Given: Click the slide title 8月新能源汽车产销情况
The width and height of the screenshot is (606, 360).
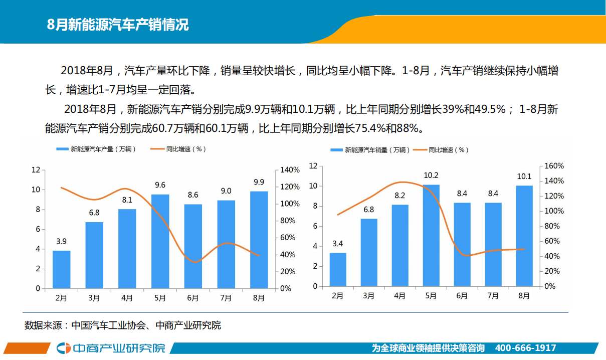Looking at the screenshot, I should [118, 24].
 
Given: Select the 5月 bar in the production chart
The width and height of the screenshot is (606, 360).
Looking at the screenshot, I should [160, 241].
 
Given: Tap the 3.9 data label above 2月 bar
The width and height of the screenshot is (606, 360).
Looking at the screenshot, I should [61, 241].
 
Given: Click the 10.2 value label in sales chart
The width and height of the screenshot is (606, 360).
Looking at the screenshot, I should [431, 175].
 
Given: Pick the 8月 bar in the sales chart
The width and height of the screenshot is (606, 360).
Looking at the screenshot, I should [524, 236].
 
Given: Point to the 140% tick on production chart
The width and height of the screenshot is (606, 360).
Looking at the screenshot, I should [290, 170].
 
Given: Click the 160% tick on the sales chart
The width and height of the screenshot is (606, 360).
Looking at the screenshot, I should [554, 166].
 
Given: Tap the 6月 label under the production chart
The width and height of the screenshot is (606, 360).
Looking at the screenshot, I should [192, 298].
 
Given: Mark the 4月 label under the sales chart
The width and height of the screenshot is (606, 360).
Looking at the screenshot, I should [399, 296].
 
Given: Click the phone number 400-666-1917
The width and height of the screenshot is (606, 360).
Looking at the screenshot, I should [525, 348].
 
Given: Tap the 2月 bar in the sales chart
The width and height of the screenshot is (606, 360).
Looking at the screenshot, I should [338, 269].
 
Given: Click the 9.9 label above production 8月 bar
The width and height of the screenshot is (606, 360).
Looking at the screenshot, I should [259, 182].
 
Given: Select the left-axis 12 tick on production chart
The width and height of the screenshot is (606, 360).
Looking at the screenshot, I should [35, 170].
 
